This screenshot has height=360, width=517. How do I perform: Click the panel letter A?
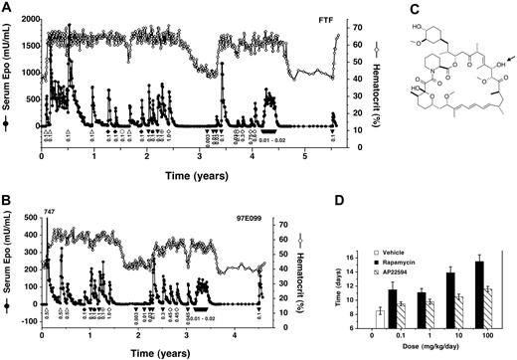[7, 7]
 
